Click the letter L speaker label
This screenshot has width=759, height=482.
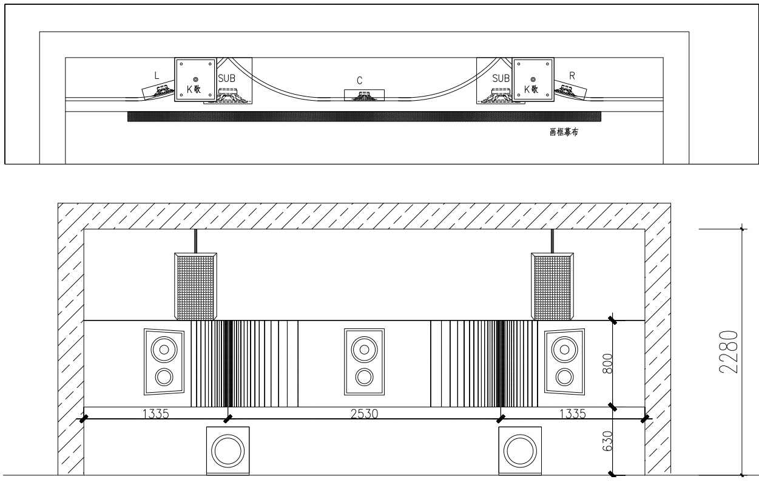click(x=157, y=75)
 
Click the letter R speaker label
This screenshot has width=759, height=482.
click(x=572, y=75)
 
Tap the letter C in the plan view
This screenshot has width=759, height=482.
click(x=360, y=80)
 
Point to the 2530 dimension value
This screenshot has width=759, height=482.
click(x=364, y=413)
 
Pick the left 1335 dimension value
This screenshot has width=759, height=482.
click(x=155, y=413)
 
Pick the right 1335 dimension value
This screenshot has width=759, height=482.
click(x=572, y=413)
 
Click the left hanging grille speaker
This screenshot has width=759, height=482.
click(x=195, y=286)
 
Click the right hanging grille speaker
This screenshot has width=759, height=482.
click(x=552, y=286)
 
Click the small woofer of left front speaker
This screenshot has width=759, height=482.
click(x=164, y=377)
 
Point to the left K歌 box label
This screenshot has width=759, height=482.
click(x=194, y=89)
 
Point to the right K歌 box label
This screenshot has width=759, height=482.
click(x=532, y=89)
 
